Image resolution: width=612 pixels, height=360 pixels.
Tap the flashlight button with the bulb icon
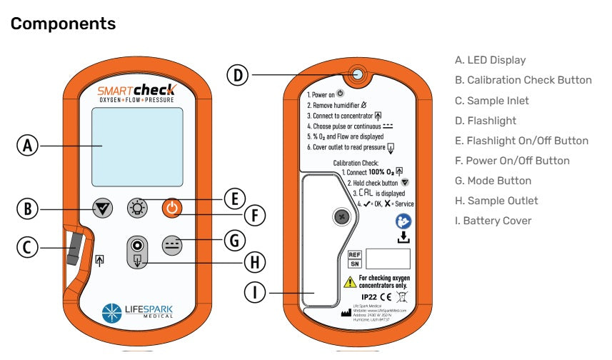coord(136,209)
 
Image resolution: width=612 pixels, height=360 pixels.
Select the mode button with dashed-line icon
coord(172,244)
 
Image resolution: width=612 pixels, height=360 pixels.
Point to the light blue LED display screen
coord(137,148)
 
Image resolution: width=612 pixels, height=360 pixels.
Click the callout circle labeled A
coord(28,146)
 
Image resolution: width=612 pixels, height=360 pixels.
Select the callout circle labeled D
coord(239,74)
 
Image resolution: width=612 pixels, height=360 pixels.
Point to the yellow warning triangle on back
coord(350,281)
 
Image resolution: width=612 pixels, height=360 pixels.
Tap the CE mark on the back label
coord(385,296)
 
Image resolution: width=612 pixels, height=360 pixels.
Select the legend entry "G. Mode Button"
coord(493,181)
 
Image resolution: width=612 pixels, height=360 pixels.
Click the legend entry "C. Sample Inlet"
coord(491,101)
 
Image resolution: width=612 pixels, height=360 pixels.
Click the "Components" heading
coord(63,24)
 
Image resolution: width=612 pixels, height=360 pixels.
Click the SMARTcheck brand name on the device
coord(136,91)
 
